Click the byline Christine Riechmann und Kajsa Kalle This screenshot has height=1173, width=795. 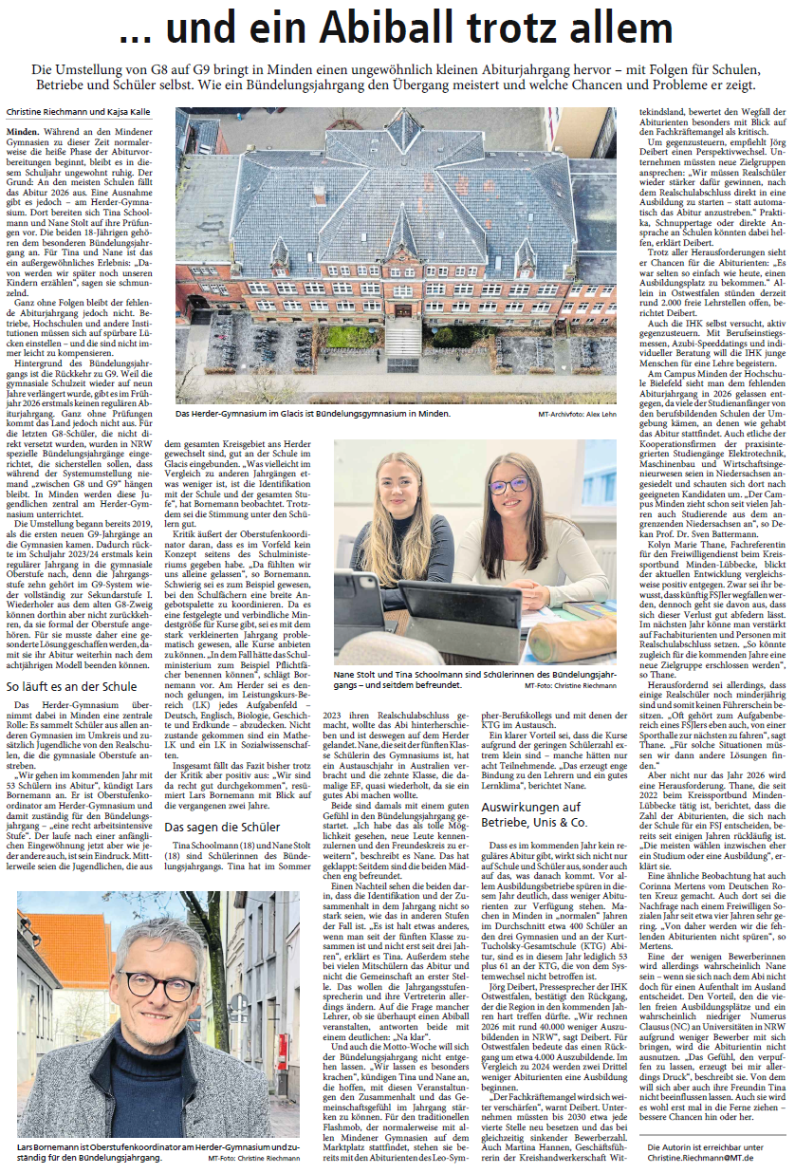pos(73,112)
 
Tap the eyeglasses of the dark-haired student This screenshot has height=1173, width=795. pos(510,486)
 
